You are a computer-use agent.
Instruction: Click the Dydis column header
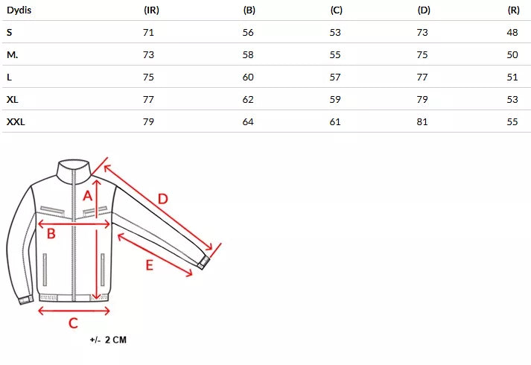pyautogui.click(x=19, y=10)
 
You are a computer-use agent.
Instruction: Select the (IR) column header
pyautogui.click(x=151, y=10)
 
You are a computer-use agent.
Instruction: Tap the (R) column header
pyautogui.click(x=513, y=10)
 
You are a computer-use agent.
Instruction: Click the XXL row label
pyautogui.click(x=16, y=122)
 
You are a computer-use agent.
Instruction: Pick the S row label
pyautogui.click(x=9, y=33)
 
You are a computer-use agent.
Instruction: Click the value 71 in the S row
pyautogui.click(x=148, y=33)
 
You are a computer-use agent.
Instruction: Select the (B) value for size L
pyautogui.click(x=248, y=77)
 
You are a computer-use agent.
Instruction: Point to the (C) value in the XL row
pyautogui.click(x=335, y=100)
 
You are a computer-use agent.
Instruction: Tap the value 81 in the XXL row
pyautogui.click(x=422, y=122)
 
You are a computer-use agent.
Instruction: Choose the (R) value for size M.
pyautogui.click(x=512, y=55)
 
